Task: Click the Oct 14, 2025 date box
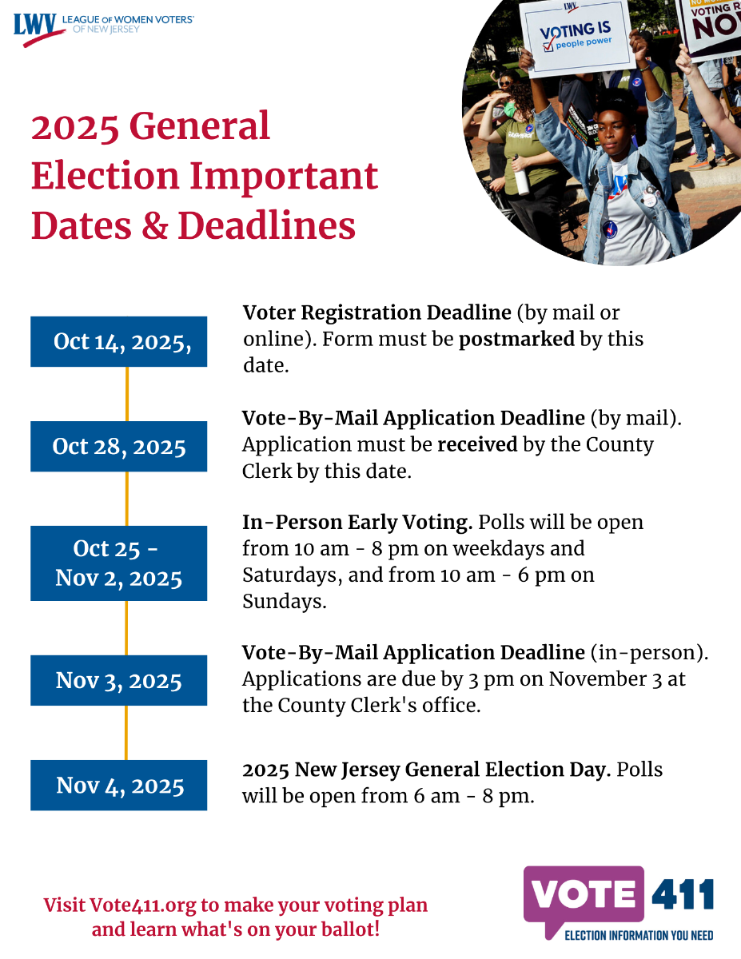point(119,341)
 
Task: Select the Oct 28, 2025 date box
point(119,446)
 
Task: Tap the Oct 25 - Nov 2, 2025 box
point(119,563)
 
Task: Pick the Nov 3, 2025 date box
point(119,680)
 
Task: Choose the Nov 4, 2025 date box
point(119,785)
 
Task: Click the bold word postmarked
point(516,339)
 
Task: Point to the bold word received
point(477,444)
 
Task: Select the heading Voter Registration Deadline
point(376,312)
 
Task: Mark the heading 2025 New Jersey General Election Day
point(426,770)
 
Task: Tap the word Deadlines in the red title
point(267,226)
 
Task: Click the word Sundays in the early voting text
point(285,602)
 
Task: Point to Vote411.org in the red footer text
point(142,905)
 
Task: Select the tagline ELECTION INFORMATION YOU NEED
point(639,935)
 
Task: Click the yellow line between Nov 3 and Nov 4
point(126,733)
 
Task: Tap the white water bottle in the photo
point(521,177)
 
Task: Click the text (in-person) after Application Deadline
point(649,653)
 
